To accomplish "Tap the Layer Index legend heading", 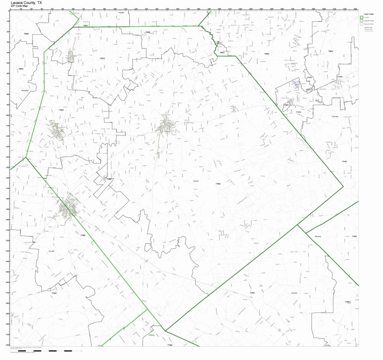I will [x=368, y=14].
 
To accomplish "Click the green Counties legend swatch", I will [x=361, y=17].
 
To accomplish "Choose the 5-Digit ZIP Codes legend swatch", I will [x=361, y=21].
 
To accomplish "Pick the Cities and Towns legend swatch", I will [x=361, y=24].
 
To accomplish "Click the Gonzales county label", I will [x=25, y=90].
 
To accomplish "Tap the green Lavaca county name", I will [x=196, y=181].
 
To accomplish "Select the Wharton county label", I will [x=318, y=236].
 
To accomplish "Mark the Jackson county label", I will [x=294, y=293].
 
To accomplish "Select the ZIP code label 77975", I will [x=102, y=58].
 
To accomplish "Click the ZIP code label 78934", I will [x=331, y=51].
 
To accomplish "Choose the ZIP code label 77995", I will [x=83, y=235].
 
